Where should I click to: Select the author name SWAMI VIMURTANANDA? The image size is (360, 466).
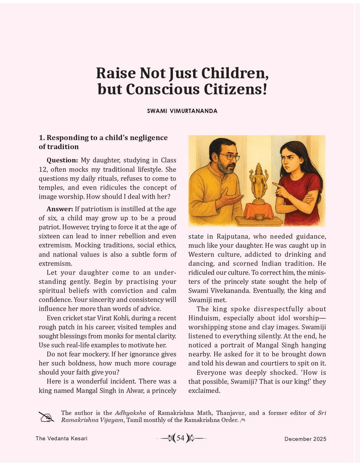pyautogui.click(x=182, y=111)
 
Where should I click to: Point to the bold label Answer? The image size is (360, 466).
pyautogui.click(x=60, y=209)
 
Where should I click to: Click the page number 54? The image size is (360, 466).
pyautogui.click(x=181, y=438)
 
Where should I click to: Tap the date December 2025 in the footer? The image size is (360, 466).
pyautogui.click(x=305, y=439)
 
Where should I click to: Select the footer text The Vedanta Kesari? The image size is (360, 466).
pyautogui.click(x=61, y=438)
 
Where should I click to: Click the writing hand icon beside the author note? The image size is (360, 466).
pyautogui.click(x=46, y=417)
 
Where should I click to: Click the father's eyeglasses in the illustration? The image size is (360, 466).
pyautogui.click(x=231, y=157)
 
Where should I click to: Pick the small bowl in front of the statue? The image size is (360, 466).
pyautogui.click(x=259, y=217)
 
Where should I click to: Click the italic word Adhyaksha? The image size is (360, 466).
pyautogui.click(x=130, y=413)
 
